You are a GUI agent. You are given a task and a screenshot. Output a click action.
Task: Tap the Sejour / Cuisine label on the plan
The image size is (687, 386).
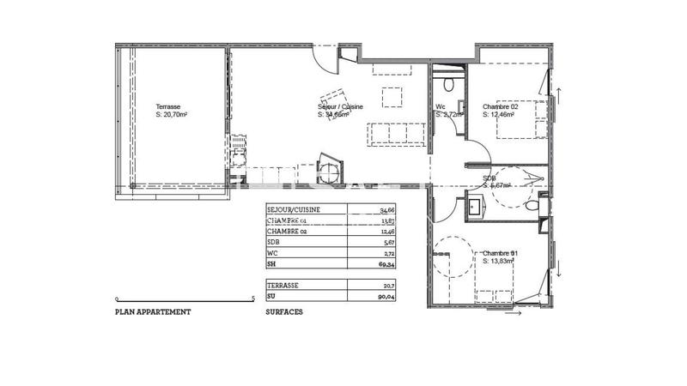[341, 106]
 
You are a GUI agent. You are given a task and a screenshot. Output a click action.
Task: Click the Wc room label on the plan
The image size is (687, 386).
[440, 106]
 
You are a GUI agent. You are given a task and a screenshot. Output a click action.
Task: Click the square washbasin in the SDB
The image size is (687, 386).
[474, 206]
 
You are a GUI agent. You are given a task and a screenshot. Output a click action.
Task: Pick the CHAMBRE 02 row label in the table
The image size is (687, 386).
[288, 232]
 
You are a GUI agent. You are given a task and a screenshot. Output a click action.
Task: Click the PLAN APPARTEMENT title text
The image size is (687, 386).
[153, 312]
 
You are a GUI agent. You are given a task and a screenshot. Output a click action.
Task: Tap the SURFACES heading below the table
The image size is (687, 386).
[284, 312]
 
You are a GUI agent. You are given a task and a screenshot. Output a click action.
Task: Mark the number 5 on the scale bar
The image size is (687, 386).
[252, 298]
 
